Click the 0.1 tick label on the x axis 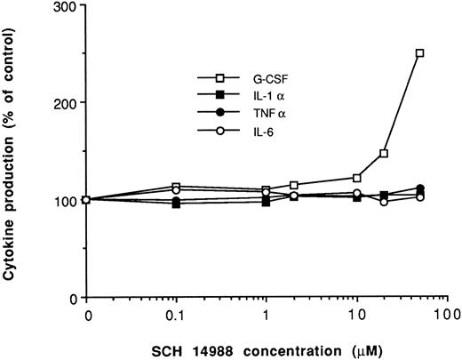pyautogui.click(x=175, y=315)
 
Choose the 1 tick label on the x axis pyautogui.click(x=266, y=315)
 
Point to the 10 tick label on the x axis pyautogui.click(x=355, y=315)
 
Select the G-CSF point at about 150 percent pyautogui.click(x=384, y=153)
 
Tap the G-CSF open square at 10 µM pyautogui.click(x=356, y=178)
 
